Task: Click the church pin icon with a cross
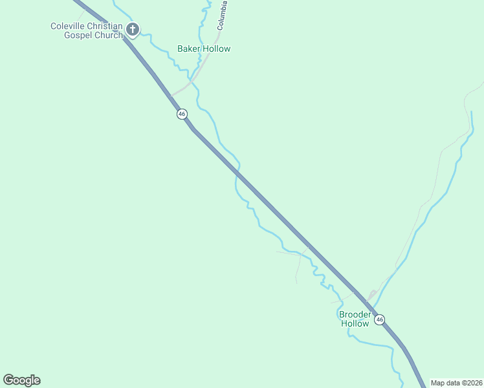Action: (133, 29)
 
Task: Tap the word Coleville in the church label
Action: (70, 26)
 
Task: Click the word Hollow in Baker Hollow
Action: (217, 48)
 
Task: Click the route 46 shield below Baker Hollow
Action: (182, 114)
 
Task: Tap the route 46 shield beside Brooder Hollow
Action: (379, 319)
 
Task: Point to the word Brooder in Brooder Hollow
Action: (355, 314)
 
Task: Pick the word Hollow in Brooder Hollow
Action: (355, 323)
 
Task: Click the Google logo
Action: (21, 380)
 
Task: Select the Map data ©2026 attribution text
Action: (456, 383)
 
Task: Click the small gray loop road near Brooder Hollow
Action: (371, 296)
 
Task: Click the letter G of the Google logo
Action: (8, 380)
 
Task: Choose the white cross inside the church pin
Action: (133, 28)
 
